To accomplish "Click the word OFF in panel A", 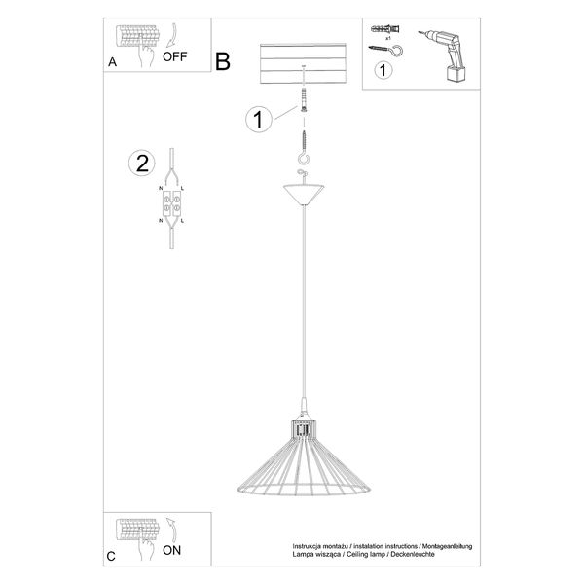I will click(175, 56).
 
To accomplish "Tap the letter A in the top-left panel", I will click(113, 62).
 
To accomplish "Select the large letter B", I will click(223, 62).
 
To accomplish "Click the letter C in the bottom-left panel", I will click(113, 557).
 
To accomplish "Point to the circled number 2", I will click(143, 164).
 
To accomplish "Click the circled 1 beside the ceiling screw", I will click(258, 120).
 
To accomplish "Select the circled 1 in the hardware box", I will click(384, 70).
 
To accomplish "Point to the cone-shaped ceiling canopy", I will click(306, 192).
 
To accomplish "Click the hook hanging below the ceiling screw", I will click(306, 157).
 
